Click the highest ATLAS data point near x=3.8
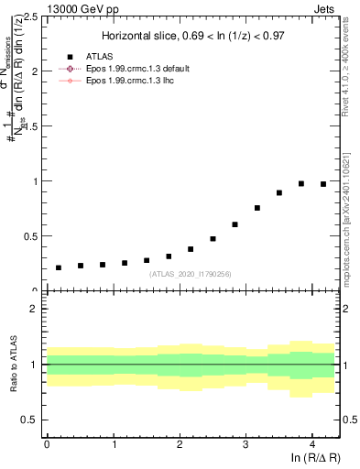click(301, 183)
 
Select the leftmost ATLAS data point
click(59, 267)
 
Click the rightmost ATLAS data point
click(323, 184)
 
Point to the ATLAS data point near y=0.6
click(235, 224)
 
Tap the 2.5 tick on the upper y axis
click(34, 16)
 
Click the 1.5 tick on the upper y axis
click(34, 126)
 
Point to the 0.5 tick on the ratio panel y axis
click(34, 420)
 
